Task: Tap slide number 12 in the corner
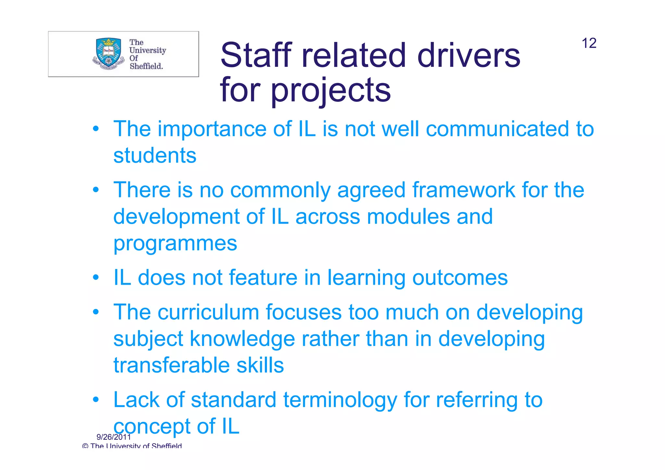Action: coord(589,43)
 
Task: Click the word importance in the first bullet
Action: coord(212,129)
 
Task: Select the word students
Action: coord(155,155)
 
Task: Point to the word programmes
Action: coord(175,243)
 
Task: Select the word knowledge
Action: coord(242,339)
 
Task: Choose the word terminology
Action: coord(340,400)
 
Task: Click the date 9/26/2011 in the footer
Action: coord(114,437)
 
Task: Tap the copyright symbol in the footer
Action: coord(85,446)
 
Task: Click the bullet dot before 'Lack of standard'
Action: coord(95,400)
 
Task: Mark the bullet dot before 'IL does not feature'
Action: coord(95,278)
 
